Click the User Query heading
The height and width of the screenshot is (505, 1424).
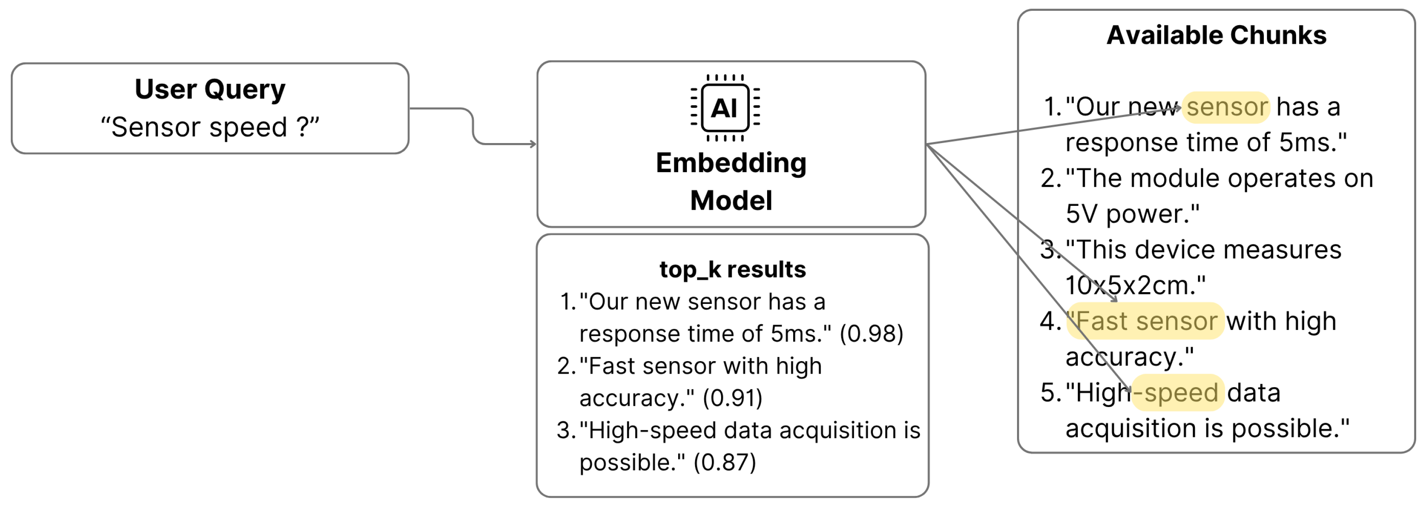(x=210, y=89)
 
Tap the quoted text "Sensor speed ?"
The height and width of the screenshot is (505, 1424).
(x=210, y=127)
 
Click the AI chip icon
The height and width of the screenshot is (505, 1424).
(x=725, y=108)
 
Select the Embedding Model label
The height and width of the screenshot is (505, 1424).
(x=731, y=181)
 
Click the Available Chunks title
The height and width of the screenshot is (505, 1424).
(x=1216, y=36)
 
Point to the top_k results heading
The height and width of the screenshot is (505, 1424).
(x=732, y=270)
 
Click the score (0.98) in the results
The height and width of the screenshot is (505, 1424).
(x=871, y=334)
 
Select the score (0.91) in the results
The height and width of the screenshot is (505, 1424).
(x=732, y=398)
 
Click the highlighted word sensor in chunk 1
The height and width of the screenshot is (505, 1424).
(x=1227, y=107)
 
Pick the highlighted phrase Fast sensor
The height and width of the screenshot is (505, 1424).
(x=1146, y=321)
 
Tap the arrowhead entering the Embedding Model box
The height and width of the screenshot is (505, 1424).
(x=533, y=144)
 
